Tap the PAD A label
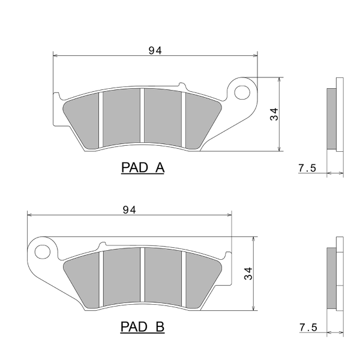click(143, 167)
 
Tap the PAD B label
click(143, 327)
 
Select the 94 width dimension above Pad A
click(155, 50)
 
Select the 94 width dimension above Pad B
click(129, 210)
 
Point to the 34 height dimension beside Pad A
click(274, 114)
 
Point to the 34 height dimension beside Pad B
click(248, 274)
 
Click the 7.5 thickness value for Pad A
click(307, 168)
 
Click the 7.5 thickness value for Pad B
click(308, 328)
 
